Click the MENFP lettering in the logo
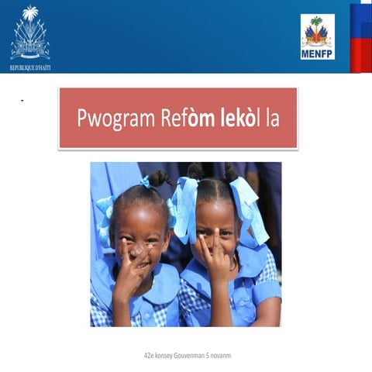tap(318, 54)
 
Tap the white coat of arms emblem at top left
tap(30, 35)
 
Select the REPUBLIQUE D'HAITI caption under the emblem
tap(30, 67)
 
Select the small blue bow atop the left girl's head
tap(146, 182)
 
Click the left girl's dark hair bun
tap(160, 178)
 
